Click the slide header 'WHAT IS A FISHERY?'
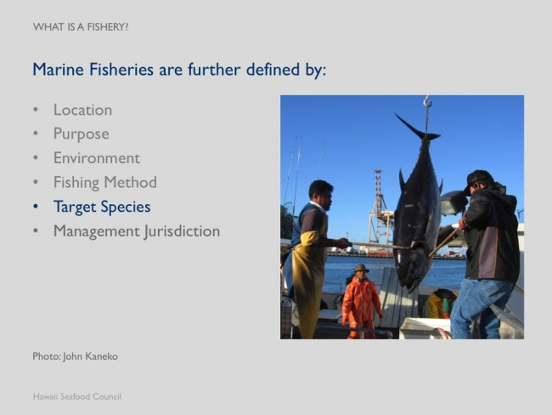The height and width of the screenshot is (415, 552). (x=81, y=27)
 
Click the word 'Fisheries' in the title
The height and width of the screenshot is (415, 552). (x=121, y=69)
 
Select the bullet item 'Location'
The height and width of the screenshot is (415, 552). (x=82, y=110)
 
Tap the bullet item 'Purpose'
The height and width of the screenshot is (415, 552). (x=82, y=134)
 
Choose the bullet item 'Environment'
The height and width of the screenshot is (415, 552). (x=97, y=158)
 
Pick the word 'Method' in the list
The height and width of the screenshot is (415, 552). (x=130, y=182)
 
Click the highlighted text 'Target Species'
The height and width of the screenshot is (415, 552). (x=102, y=207)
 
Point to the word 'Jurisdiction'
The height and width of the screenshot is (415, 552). (x=182, y=231)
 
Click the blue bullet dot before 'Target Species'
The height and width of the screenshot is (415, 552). (x=36, y=207)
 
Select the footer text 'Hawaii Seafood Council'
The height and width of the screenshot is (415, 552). (x=77, y=396)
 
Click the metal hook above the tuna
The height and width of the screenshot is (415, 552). (x=427, y=102)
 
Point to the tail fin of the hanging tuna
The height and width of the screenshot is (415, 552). (x=418, y=128)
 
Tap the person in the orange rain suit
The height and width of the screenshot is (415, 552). (x=361, y=302)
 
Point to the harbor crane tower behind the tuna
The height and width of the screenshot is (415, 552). (x=379, y=208)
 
